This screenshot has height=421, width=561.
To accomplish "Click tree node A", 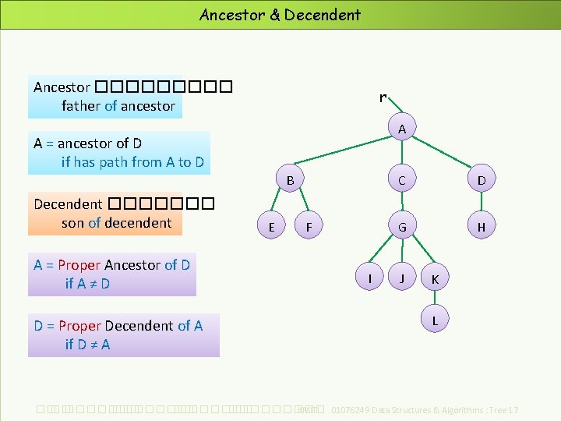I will pyautogui.click(x=401, y=129).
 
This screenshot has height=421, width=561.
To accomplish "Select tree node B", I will pyautogui.click(x=289, y=181).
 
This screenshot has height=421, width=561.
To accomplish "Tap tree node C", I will pyautogui.click(x=401, y=181).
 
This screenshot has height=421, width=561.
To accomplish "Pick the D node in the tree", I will pyautogui.click(x=482, y=181).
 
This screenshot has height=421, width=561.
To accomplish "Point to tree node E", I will pyautogui.click(x=270, y=227).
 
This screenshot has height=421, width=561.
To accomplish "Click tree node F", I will pyautogui.click(x=309, y=227).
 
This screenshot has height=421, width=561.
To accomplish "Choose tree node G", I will pyautogui.click(x=401, y=227).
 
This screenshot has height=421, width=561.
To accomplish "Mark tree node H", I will pyautogui.click(x=482, y=227).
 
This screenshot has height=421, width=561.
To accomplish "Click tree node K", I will pyautogui.click(x=435, y=278).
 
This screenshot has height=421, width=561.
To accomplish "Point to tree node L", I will pyautogui.click(x=435, y=320).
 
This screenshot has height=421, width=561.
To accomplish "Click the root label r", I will pyautogui.click(x=382, y=97).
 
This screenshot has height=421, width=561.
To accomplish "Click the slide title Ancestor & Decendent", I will pyautogui.click(x=280, y=14).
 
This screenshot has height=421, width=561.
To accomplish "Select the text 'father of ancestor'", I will pyautogui.click(x=118, y=106).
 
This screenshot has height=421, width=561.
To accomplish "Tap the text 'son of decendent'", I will pyautogui.click(x=116, y=223).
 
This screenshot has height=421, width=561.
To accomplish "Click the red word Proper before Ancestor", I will pyautogui.click(x=79, y=265).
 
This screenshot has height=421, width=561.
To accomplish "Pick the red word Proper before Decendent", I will pyautogui.click(x=79, y=326).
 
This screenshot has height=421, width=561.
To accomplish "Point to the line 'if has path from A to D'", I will pyautogui.click(x=132, y=162).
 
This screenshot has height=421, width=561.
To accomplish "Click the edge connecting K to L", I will pyautogui.click(x=435, y=299).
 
